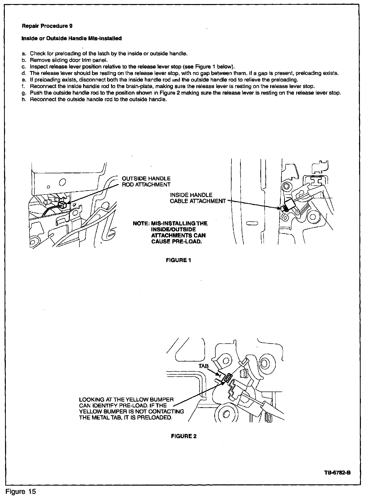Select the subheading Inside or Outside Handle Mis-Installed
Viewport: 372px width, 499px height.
pos(72,39)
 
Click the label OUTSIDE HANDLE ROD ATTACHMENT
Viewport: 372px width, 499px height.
pos(146,182)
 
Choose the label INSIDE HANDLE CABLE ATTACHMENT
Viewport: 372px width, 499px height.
pos(197,198)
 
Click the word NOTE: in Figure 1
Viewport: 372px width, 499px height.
pos(141,224)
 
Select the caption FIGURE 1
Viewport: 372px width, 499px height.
pos(178,260)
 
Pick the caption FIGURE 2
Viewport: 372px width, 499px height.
pos(184,436)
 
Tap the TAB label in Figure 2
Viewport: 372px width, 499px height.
pos(203,366)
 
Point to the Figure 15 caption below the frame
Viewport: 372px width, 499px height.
pos(21,491)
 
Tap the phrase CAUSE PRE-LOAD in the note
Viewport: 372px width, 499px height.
pos(177,241)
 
